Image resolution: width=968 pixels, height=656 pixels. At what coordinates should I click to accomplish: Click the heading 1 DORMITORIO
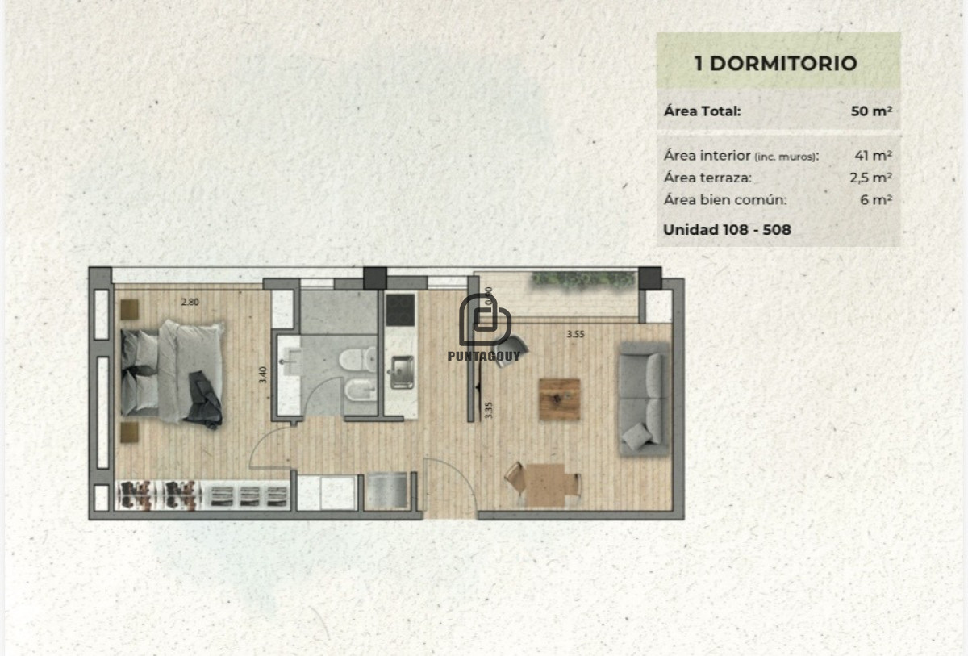click(776, 64)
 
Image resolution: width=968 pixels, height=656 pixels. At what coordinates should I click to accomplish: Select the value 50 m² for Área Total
click(871, 111)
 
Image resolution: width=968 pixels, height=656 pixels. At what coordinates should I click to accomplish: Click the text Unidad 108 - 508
click(727, 229)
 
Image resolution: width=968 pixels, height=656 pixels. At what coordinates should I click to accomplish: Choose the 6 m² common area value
click(876, 200)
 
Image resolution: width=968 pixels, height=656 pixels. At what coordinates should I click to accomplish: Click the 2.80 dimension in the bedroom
click(189, 303)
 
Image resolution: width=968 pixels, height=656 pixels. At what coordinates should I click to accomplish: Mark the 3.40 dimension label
click(264, 375)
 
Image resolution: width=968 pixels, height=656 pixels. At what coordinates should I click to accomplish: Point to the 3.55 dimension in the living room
click(575, 333)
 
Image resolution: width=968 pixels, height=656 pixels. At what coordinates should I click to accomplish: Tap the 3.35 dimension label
click(488, 411)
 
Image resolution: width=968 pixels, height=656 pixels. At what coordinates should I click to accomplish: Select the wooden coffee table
click(560, 399)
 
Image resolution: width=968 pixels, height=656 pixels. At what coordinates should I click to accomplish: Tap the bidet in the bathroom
click(358, 393)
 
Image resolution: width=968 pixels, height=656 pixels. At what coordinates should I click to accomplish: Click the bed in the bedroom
click(172, 372)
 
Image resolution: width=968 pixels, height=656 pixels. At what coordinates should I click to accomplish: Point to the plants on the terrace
click(583, 280)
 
